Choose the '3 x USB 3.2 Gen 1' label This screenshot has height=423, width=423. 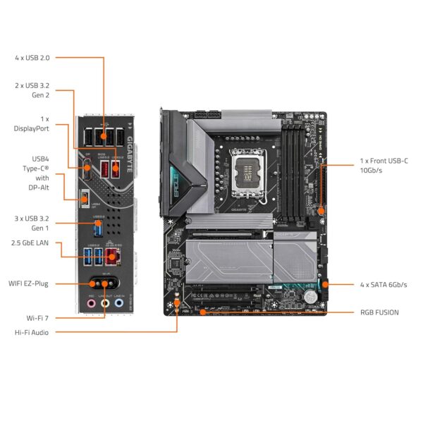pyautogui.click(x=32, y=223)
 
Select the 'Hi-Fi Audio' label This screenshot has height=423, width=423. pyautogui.click(x=32, y=332)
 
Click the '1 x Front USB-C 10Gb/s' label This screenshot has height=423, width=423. pyautogui.click(x=384, y=166)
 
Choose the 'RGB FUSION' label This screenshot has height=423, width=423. pyautogui.click(x=379, y=312)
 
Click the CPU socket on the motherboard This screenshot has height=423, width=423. pyautogui.click(x=253, y=169)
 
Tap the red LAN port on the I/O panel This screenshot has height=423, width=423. pyautogui.click(x=111, y=255)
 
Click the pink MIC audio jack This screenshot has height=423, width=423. pyautogui.click(x=91, y=303)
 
